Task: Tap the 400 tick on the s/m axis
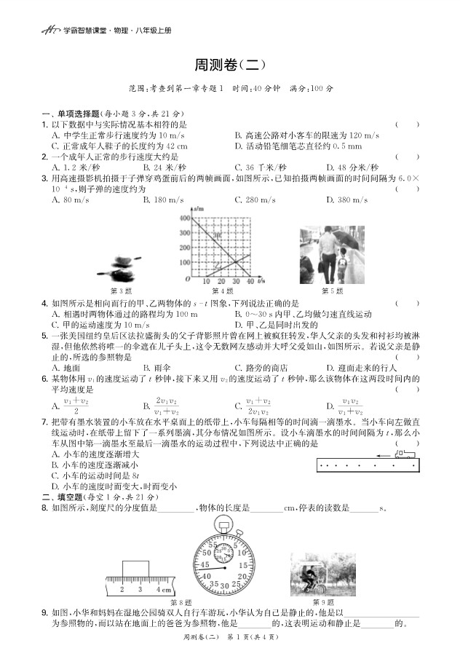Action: [x=183, y=218]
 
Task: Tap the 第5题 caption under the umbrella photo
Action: [x=332, y=291]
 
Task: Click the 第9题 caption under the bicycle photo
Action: [x=323, y=601]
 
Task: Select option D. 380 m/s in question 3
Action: [x=346, y=200]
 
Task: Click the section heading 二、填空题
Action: [x=66, y=497]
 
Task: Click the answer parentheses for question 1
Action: [x=407, y=125]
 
